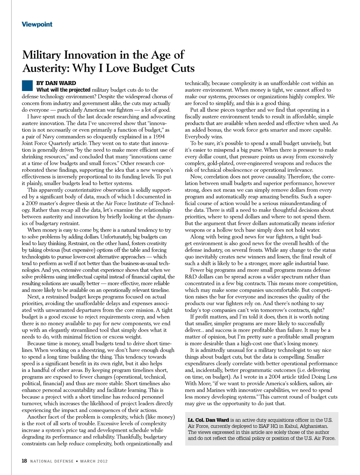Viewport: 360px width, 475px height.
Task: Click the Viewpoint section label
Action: pyautogui.click(x=37, y=24)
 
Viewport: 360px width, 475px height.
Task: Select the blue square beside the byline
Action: pyautogui.click(x=27, y=86)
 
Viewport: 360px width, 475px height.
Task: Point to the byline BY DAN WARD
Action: pyautogui.click(x=56, y=83)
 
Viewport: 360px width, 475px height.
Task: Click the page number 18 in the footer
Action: pyautogui.click(x=24, y=461)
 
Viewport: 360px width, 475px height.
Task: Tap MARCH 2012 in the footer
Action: pyautogui.click(x=94, y=461)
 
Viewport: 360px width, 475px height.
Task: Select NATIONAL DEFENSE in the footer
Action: pyautogui.click(x=52, y=461)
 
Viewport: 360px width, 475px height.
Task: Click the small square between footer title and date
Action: pyautogui.click(x=77, y=461)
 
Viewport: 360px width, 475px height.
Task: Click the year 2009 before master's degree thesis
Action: pyautogui.click(x=31, y=203)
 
